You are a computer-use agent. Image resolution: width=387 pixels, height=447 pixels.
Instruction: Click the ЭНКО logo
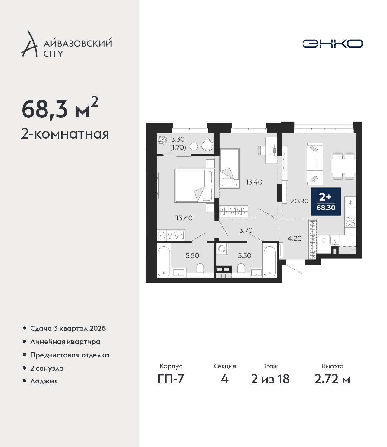click(x=332, y=44)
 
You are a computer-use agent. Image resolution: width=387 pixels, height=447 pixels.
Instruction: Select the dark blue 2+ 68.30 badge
click(x=326, y=201)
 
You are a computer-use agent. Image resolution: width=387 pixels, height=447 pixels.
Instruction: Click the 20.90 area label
click(x=300, y=201)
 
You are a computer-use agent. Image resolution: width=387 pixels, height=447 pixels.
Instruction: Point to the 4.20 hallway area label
click(x=294, y=238)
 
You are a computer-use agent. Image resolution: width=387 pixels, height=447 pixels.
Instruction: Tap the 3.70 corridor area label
click(x=246, y=230)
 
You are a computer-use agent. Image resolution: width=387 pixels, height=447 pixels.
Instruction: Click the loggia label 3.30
click(x=178, y=139)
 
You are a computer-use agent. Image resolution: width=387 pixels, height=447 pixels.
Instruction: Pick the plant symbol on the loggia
click(x=162, y=140)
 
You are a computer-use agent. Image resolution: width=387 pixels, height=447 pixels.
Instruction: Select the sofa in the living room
click(x=315, y=164)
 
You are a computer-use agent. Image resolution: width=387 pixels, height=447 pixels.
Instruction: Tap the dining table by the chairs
click(x=343, y=166)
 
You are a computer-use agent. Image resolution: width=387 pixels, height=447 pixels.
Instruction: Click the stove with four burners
click(x=350, y=222)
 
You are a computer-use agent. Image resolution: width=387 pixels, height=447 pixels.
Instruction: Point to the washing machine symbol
click(x=222, y=249)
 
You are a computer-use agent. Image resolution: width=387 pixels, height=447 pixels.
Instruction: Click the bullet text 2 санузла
click(x=47, y=368)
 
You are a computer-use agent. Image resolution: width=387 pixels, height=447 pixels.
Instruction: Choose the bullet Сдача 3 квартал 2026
click(x=68, y=328)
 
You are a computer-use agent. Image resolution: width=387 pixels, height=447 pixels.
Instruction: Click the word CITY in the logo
click(x=53, y=54)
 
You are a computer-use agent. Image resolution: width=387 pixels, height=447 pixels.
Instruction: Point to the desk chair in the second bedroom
click(x=262, y=150)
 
